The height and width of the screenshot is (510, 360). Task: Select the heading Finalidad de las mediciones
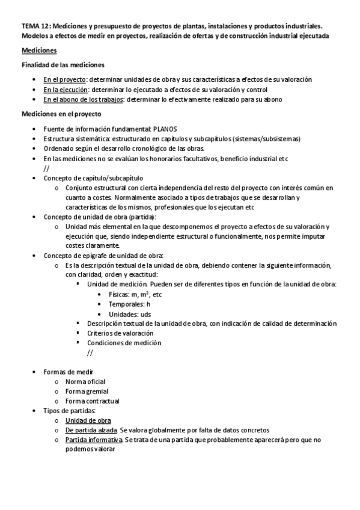point(63,64)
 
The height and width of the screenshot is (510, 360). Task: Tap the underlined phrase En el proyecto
point(65,79)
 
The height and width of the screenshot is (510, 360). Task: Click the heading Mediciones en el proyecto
point(61,114)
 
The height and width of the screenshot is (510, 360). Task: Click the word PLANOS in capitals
point(165,129)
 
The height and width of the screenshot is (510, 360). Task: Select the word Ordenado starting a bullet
point(58,149)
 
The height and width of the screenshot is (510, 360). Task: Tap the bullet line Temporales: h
point(129,304)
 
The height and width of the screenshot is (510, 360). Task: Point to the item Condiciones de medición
point(124,343)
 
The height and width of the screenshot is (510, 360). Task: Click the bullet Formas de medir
point(68,372)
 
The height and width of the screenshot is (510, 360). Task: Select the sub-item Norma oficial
point(85,381)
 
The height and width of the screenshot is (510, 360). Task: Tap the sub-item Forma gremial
point(87,392)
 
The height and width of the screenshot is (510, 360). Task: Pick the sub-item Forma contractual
point(92,401)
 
